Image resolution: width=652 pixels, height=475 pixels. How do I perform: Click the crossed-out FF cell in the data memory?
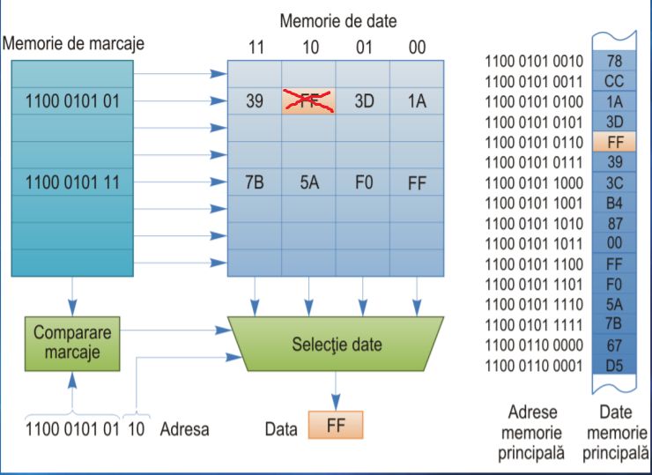pyautogui.click(x=307, y=100)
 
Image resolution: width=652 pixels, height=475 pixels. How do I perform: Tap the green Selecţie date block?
pyautogui.click(x=337, y=345)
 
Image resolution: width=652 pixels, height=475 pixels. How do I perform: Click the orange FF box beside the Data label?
pyautogui.click(x=335, y=426)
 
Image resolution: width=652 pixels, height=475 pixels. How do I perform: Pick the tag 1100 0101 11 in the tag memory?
pyautogui.click(x=73, y=184)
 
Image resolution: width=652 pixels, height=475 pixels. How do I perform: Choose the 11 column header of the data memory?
pyautogui.click(x=255, y=48)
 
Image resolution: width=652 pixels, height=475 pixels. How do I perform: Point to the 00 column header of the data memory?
pyautogui.click(x=417, y=48)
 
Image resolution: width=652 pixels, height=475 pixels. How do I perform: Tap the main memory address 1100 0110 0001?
pyautogui.click(x=534, y=365)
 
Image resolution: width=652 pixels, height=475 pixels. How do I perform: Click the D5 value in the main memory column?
pyautogui.click(x=614, y=365)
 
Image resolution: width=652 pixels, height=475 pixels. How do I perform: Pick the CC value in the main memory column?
pyautogui.click(x=614, y=81)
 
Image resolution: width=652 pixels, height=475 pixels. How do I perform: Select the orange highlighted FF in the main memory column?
pyautogui.click(x=614, y=141)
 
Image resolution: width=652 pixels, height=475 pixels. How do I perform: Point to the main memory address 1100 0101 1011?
pyautogui.click(x=534, y=243)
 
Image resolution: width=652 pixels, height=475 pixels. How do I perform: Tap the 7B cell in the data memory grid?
pyautogui.click(x=255, y=184)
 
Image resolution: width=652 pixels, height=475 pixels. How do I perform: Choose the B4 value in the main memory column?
pyautogui.click(x=614, y=203)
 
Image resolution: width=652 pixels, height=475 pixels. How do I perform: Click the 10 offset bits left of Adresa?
pyautogui.click(x=136, y=429)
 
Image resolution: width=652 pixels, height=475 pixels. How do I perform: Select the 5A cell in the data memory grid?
pyautogui.click(x=307, y=184)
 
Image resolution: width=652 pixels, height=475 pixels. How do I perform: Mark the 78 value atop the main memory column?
pyautogui.click(x=614, y=61)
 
